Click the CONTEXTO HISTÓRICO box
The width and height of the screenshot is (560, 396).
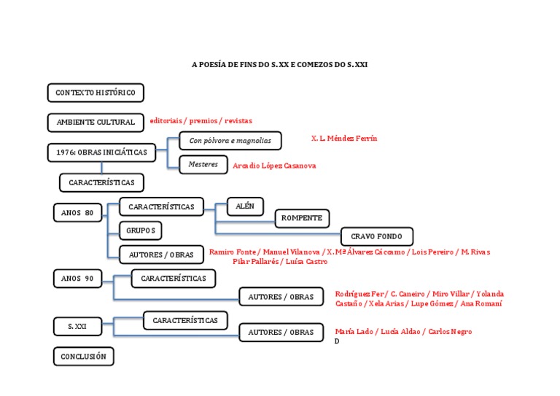pos(96,93)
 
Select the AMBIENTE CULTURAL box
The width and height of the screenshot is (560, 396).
pos(96,123)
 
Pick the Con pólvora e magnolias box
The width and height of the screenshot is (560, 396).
pos(230,140)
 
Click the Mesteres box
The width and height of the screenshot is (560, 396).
pos(203,165)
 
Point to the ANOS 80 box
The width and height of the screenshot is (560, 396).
pos(77,213)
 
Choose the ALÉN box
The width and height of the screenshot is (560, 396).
pos(245,206)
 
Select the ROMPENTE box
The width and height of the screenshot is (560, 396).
pos(302,218)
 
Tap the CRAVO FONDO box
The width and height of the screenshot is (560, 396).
pos(376,236)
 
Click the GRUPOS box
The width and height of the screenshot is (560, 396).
pos(141,230)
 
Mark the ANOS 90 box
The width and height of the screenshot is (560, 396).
pos(77,279)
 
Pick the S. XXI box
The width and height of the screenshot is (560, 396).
pos(77,327)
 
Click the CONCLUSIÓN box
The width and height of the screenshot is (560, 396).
pos(83,357)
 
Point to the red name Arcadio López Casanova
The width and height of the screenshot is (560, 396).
pos(274,166)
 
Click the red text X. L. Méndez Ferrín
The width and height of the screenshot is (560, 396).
pos(344,138)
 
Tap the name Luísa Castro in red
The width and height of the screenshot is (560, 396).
pos(306,261)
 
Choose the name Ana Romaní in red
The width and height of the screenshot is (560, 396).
pos(481,303)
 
